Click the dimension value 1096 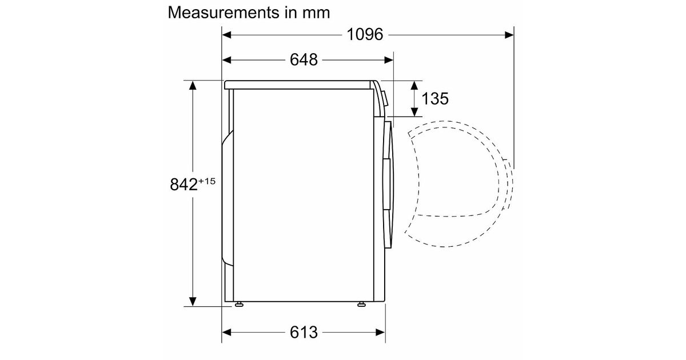click(365, 34)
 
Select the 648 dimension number click(304, 59)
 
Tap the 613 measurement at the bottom click(304, 332)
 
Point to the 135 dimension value click(435, 98)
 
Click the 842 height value click(184, 185)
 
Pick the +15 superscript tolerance click(207, 181)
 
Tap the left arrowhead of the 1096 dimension click(226, 35)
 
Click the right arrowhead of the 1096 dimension click(509, 35)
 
